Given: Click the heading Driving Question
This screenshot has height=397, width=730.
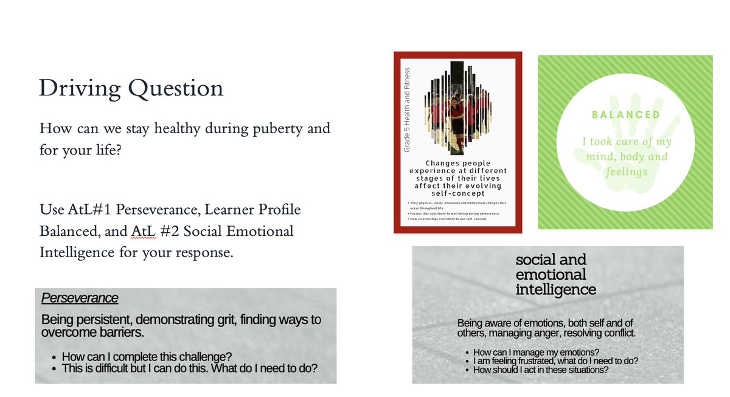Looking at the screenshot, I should (x=131, y=89).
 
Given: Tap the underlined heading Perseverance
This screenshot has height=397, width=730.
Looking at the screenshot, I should (x=79, y=299).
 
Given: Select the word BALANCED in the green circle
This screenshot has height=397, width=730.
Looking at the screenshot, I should (x=625, y=114).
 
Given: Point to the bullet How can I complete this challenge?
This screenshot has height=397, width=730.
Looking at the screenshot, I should (x=147, y=357).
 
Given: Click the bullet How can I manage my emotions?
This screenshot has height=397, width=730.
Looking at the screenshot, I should (x=536, y=353).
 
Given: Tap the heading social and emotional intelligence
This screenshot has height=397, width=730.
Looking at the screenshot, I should (x=555, y=274).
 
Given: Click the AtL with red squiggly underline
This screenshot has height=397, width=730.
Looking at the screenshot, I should (x=140, y=232).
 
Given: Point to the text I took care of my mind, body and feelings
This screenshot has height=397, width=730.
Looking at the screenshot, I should (x=625, y=156).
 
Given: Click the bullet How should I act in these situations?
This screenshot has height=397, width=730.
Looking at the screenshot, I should (x=541, y=370).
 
